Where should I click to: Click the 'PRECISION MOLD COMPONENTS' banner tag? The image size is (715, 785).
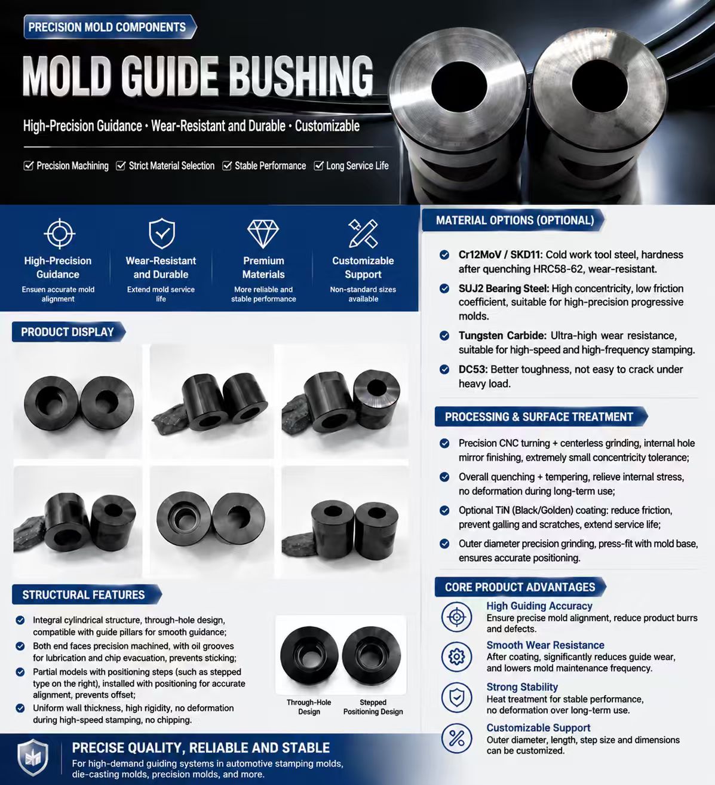(110, 27)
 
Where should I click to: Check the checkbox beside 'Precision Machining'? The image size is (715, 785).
(28, 165)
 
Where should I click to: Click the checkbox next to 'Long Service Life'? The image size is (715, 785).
(318, 165)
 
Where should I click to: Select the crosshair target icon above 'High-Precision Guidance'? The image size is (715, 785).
(59, 234)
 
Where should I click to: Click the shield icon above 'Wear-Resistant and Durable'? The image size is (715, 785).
(162, 234)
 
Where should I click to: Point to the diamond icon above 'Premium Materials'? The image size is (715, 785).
(263, 234)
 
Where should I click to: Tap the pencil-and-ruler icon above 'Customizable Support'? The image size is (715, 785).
(363, 234)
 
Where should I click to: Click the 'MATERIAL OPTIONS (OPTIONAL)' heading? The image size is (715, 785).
(515, 220)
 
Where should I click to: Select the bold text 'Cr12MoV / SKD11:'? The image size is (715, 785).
(501, 254)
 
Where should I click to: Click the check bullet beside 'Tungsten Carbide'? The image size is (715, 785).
(444, 336)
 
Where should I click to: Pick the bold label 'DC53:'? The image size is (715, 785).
(472, 369)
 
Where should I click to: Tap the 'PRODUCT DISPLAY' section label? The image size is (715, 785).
(67, 332)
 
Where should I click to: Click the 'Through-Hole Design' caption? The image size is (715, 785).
(309, 707)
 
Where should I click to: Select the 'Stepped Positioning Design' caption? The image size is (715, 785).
(373, 707)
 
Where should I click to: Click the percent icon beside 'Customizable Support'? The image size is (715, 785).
(457, 738)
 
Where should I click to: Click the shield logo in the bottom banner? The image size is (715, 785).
(33, 757)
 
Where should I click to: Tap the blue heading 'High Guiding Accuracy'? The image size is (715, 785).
(539, 606)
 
